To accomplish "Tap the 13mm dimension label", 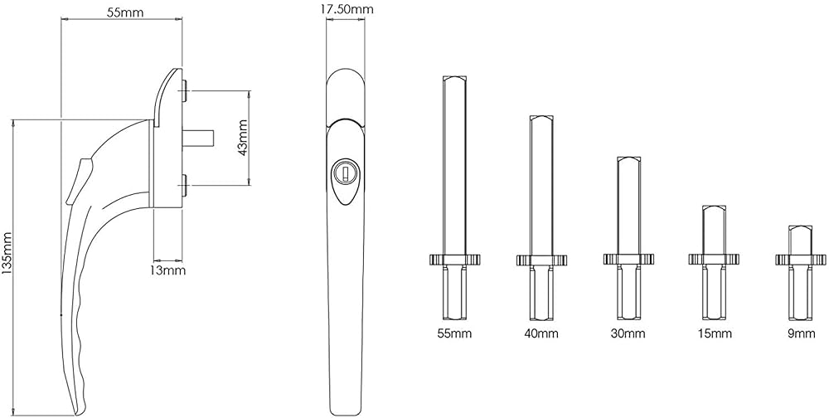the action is click(x=169, y=271).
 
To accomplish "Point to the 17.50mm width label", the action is click(x=347, y=9).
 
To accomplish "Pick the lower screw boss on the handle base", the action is click(x=183, y=185).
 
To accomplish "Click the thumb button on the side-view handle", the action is click(x=77, y=179).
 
